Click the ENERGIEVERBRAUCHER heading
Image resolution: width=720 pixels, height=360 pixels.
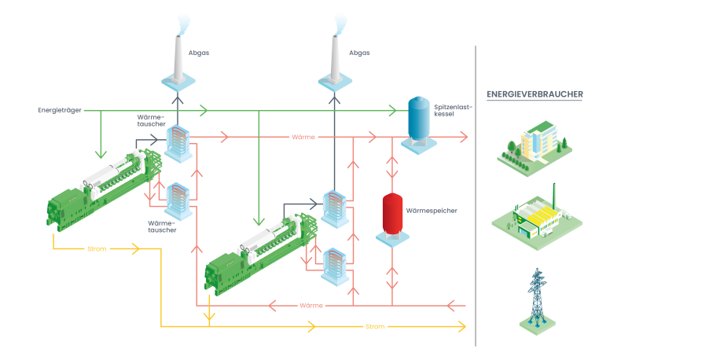coord(534,94)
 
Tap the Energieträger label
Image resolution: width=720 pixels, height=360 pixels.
coord(60,110)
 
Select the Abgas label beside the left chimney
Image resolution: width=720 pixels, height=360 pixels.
coord(199,53)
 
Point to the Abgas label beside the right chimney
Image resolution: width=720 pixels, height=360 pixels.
coord(358,53)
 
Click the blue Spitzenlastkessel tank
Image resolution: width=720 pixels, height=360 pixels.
coord(418,123)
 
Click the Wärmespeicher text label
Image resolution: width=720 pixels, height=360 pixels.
coord(431,211)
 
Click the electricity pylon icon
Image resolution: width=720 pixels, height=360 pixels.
coord(538,299)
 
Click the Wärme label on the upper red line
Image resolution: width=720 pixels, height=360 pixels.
coord(303,138)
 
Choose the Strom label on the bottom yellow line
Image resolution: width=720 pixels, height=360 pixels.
coord(375,326)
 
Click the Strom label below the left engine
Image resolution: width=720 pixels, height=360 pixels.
coord(96,249)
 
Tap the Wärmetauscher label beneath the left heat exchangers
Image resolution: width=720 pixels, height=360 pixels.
coord(162,227)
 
